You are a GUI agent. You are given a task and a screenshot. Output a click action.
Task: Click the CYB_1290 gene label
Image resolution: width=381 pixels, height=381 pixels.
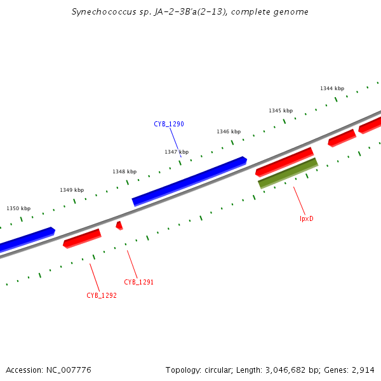pyautogui.click(x=169, y=124)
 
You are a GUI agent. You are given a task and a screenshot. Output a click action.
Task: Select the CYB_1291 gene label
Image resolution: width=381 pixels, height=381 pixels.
pyautogui.click(x=138, y=282)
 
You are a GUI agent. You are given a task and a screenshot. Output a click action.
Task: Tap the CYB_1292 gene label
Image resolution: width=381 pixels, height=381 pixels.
pyautogui.click(x=102, y=295)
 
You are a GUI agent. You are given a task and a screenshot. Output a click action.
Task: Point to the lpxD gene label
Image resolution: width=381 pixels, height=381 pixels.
pyautogui.click(x=307, y=218)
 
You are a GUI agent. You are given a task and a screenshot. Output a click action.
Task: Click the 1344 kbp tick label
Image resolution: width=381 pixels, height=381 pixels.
pyautogui.click(x=332, y=88)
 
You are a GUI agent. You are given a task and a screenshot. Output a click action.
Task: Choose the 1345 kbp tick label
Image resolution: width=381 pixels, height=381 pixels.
pyautogui.click(x=281, y=110)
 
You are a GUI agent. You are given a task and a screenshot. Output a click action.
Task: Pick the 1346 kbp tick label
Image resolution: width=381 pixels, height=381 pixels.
pyautogui.click(x=229, y=131)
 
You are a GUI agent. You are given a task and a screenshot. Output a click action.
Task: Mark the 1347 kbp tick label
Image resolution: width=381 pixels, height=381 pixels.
pyautogui.click(x=177, y=152)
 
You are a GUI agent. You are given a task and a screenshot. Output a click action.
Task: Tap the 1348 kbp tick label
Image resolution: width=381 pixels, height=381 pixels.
pyautogui.click(x=124, y=171)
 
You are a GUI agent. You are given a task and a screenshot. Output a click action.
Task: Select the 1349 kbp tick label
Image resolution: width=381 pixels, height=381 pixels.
pyautogui.click(x=72, y=190)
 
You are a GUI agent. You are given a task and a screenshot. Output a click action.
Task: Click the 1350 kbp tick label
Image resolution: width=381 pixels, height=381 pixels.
pyautogui.click(x=18, y=208)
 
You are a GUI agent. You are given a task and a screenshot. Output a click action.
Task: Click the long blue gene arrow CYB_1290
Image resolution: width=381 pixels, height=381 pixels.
pyautogui.click(x=189, y=181)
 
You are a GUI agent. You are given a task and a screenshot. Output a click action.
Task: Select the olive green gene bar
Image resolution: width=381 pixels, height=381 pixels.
pyautogui.click(x=288, y=173)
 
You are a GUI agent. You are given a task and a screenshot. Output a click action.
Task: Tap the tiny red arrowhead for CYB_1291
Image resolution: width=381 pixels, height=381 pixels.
pyautogui.click(x=119, y=225)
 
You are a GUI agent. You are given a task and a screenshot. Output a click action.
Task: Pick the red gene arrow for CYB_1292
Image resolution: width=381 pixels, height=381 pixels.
pyautogui.click(x=82, y=238)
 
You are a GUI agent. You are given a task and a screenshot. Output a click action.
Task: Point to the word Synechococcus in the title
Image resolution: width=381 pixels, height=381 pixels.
pyautogui.click(x=98, y=12)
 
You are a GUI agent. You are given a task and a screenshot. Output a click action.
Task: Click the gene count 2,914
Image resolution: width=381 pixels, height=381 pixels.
pyautogui.click(x=361, y=370)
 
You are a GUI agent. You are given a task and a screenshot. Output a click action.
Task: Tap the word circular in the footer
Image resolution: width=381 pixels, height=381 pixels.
pyautogui.click(x=221, y=370)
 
